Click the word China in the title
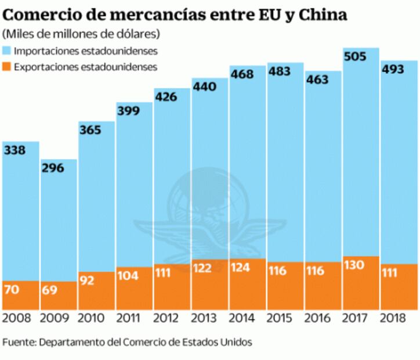[x=321, y=14]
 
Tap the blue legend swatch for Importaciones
[x=8, y=52]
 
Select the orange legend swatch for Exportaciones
[x=8, y=67]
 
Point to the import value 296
[x=52, y=168]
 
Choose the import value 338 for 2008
[x=15, y=150]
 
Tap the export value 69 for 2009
[x=49, y=290]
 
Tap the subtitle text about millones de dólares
[x=81, y=34]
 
